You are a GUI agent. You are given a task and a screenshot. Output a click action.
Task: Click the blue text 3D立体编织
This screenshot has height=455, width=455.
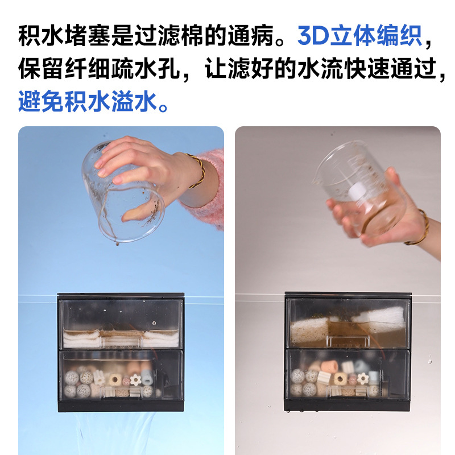click(x=359, y=36)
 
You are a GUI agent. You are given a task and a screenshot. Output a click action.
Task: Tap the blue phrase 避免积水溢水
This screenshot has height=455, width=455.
click(x=93, y=101)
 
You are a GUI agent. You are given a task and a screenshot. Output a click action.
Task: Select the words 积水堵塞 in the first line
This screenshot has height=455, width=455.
click(x=64, y=36)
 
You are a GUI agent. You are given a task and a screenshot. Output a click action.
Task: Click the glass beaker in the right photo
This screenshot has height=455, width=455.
click(x=360, y=189)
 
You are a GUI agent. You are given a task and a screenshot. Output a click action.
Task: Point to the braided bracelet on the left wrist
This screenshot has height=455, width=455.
click(x=198, y=171)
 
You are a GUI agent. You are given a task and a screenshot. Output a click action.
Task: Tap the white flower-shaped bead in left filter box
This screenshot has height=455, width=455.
click(x=135, y=380)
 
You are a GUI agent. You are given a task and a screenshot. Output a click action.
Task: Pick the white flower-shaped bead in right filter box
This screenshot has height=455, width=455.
click(x=362, y=378)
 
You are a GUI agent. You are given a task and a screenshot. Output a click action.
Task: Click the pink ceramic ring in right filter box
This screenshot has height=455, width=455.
click(x=329, y=366)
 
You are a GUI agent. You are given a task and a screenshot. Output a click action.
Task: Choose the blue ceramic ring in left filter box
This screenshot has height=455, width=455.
click(x=147, y=377)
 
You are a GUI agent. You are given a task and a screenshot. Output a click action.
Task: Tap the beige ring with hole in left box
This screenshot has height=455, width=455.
click(x=115, y=379)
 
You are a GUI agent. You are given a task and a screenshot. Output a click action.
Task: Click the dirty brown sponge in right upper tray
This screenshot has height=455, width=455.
click(x=309, y=331)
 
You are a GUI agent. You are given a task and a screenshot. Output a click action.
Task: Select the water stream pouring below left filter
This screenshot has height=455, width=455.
click(x=116, y=433)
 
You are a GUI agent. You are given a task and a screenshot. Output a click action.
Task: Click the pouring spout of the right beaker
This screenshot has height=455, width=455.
click(x=316, y=180)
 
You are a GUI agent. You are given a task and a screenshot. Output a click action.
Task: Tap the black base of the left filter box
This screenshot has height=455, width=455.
click(x=121, y=406)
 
